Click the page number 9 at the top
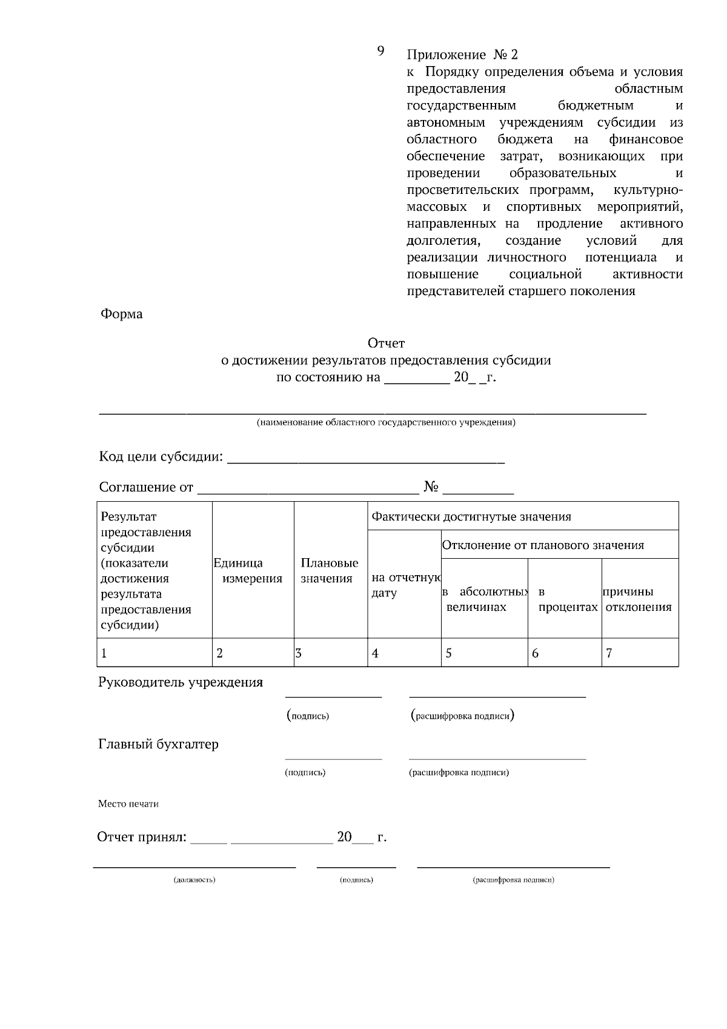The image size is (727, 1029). click(x=380, y=51)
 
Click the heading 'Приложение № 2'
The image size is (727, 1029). click(x=462, y=55)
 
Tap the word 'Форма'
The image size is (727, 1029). click(x=122, y=314)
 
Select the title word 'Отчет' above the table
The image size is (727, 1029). click(x=386, y=344)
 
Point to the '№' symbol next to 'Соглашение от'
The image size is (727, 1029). click(x=431, y=487)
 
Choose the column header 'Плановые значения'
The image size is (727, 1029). click(x=330, y=571)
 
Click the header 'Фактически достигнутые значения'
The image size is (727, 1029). click(x=471, y=517)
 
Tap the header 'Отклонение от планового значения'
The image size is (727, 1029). click(x=543, y=545)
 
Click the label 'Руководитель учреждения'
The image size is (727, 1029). click(x=181, y=682)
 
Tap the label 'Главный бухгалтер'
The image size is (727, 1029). click(x=158, y=744)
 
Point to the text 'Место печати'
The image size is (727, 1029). click(x=128, y=804)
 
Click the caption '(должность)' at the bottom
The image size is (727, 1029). click(x=194, y=880)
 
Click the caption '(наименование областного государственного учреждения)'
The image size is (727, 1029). click(x=386, y=422)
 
